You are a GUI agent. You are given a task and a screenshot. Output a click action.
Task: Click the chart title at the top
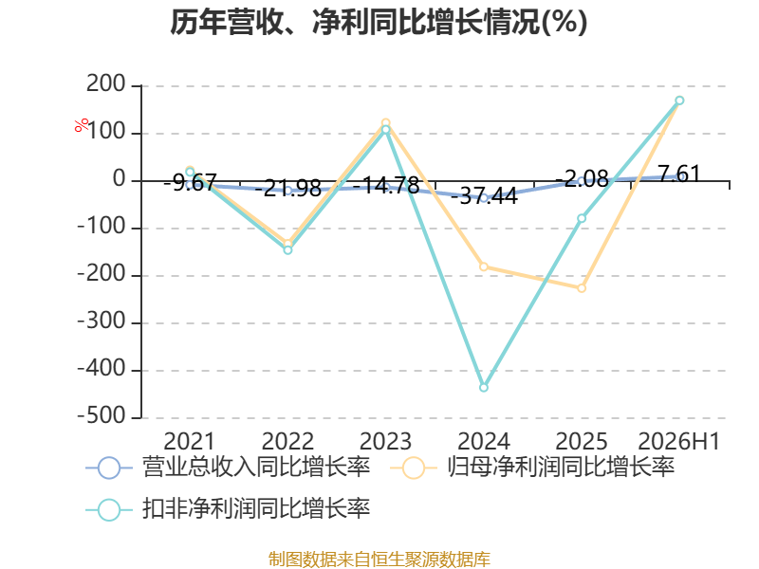pyautogui.click(x=379, y=22)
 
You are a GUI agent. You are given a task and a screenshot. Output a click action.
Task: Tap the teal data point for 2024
pyautogui.click(x=484, y=388)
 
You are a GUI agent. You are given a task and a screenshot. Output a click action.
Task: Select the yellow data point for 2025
pyautogui.click(x=582, y=288)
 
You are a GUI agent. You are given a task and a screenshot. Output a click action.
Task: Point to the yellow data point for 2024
pyautogui.click(x=484, y=266)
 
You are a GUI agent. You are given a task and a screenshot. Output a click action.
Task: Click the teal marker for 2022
pyautogui.click(x=287, y=250)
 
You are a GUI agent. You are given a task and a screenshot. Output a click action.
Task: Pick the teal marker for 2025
pyautogui.click(x=582, y=218)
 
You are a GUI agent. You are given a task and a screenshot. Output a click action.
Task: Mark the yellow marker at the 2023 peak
pyautogui.click(x=386, y=123)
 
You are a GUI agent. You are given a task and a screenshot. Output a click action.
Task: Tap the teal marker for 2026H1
pyautogui.click(x=679, y=101)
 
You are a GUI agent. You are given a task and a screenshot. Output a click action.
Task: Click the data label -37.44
pyautogui.click(x=484, y=196)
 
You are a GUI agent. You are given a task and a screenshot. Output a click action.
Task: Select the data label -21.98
pyautogui.click(x=288, y=188)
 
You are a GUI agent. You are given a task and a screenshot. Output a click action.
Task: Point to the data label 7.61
pyautogui.click(x=679, y=174)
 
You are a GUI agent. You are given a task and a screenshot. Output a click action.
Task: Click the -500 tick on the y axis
pyautogui.click(x=102, y=416)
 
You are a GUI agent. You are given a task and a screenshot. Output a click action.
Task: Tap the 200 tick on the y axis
pyautogui.click(x=106, y=84)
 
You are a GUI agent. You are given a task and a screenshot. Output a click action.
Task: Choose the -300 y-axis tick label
pyautogui.click(x=102, y=321)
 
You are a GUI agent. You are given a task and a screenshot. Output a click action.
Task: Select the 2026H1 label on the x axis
pyautogui.click(x=679, y=441)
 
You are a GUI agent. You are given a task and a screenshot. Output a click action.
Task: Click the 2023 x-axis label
pyautogui.click(x=386, y=441)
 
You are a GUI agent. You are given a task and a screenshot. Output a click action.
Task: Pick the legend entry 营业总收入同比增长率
pyautogui.click(x=228, y=468)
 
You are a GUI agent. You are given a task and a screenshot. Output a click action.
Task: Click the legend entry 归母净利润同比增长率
pyautogui.click(x=532, y=468)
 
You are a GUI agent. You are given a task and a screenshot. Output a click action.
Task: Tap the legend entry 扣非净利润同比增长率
pyautogui.click(x=228, y=508)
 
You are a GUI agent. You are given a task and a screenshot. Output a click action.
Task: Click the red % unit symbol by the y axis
pyautogui.click(x=82, y=125)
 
